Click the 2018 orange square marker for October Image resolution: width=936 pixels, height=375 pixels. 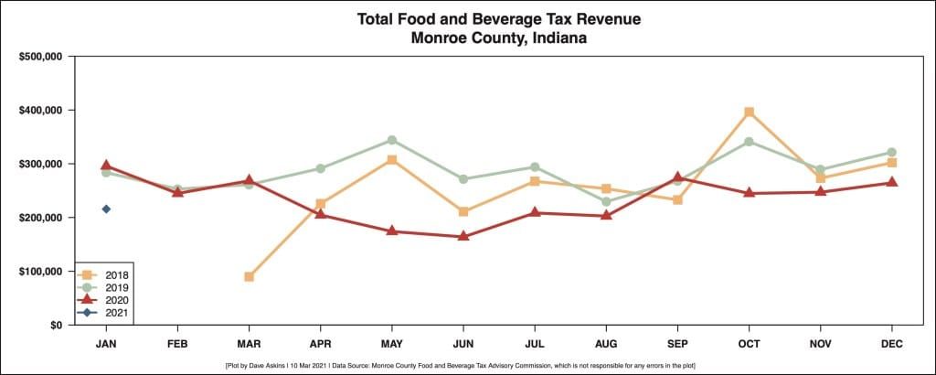click(x=749, y=112)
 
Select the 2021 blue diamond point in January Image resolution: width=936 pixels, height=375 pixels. click(x=106, y=209)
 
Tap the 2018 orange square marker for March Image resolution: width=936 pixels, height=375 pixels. click(x=249, y=276)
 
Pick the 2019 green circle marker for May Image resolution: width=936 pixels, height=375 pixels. click(x=391, y=140)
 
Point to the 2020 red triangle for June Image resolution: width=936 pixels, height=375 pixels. click(x=463, y=236)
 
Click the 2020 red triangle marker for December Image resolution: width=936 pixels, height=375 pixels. click(x=891, y=182)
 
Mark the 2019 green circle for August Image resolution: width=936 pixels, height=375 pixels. click(x=606, y=202)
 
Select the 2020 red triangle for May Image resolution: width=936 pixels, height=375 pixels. click(x=391, y=230)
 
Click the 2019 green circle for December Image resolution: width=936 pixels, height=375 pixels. click(x=891, y=153)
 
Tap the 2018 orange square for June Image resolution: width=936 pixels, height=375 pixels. click(x=463, y=211)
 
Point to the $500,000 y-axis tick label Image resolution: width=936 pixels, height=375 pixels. click(x=39, y=57)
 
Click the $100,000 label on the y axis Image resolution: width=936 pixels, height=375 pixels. click(x=39, y=272)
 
